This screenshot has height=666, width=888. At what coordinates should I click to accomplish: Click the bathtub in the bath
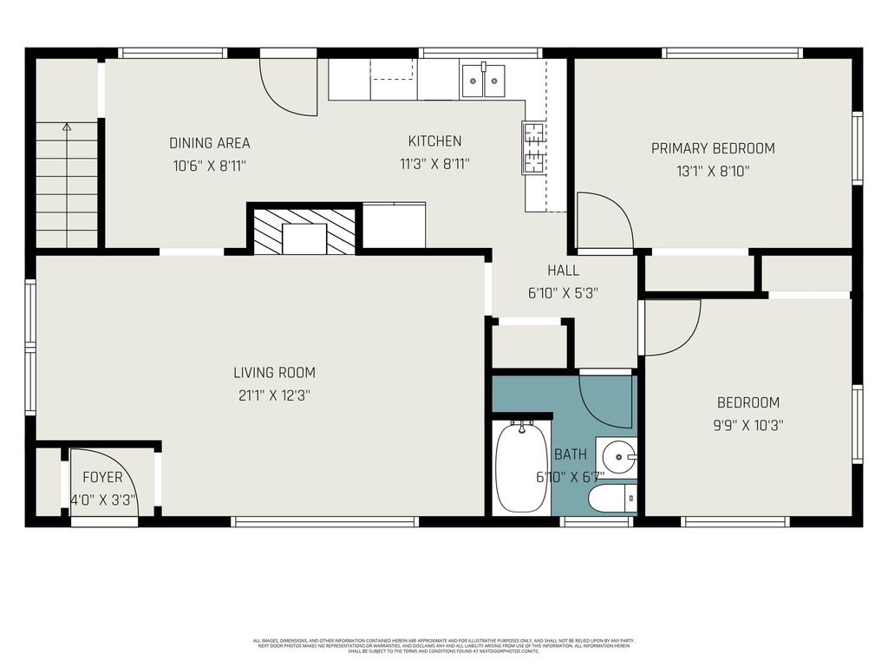coord(521,468)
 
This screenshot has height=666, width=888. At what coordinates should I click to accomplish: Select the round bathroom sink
coord(619,456)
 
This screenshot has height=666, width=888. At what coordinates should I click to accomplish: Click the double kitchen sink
coord(484,82)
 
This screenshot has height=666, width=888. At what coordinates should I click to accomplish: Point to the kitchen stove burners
coord(533,147)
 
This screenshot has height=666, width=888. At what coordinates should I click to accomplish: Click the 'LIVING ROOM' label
coord(274,373)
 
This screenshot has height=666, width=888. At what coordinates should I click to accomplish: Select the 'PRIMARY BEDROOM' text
coord(713,148)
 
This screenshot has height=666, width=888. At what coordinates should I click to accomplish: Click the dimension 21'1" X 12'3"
coord(274,395)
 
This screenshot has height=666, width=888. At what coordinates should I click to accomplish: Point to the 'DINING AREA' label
coord(210,143)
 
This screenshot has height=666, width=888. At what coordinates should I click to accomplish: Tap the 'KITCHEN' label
coord(434,140)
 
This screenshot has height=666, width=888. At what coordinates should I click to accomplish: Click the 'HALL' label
coord(563,271)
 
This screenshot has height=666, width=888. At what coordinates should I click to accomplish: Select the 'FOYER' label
coord(102,477)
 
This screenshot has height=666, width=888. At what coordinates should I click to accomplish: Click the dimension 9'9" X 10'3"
coord(748,425)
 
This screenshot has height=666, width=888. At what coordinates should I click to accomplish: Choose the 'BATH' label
coord(571,454)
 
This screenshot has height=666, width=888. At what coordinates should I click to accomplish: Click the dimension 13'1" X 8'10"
coord(713,172)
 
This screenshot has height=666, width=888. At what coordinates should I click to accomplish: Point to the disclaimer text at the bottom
coord(443,645)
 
